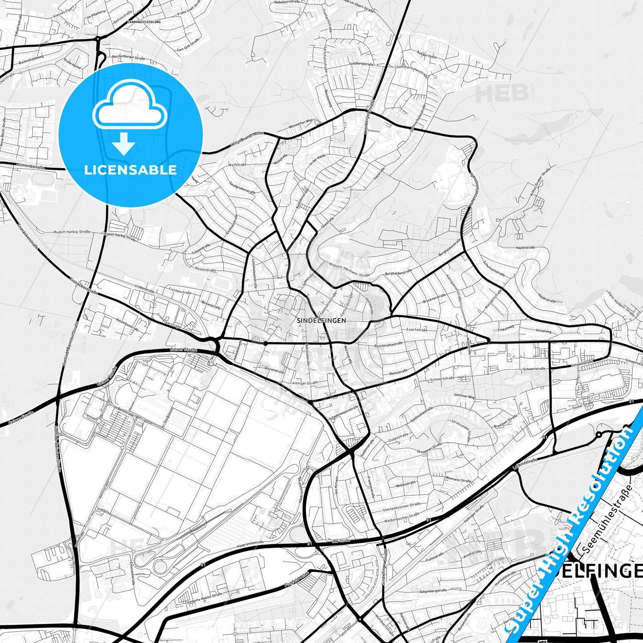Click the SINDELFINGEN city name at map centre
pos(315,320)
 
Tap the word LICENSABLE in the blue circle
pos(130,170)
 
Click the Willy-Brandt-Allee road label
pos(247,140)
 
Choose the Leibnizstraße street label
pos(525,463)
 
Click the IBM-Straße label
pos(341,541)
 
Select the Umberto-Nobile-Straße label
pos(204,596)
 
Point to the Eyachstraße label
pos(417,330)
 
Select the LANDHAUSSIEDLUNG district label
pos(144,21)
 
